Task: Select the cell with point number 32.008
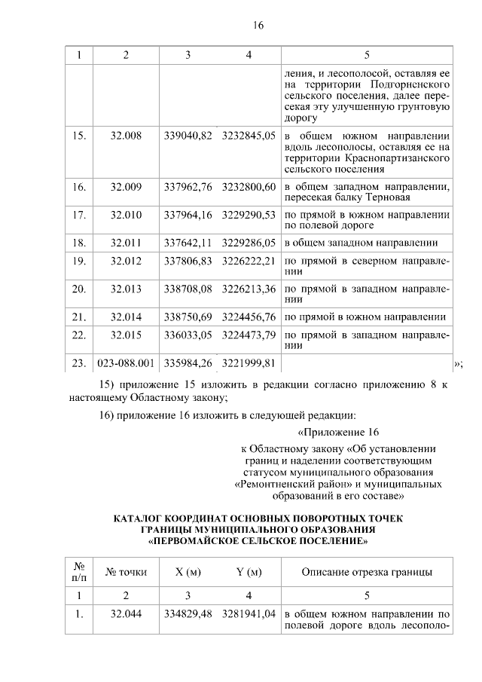click(x=126, y=136)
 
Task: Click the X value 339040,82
click(x=188, y=136)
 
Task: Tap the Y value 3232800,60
click(x=249, y=186)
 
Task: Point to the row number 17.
click(x=78, y=215)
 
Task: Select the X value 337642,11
click(x=188, y=243)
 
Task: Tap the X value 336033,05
click(x=188, y=334)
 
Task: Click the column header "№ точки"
click(x=126, y=572)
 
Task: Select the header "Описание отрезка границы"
click(x=367, y=572)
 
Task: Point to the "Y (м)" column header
click(x=249, y=572)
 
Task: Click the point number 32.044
click(x=126, y=613)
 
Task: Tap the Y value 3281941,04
click(x=249, y=613)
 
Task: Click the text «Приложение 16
click(x=337, y=433)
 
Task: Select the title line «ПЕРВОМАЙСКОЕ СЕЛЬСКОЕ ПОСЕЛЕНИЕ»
click(x=258, y=540)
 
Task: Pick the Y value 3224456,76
click(x=249, y=317)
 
